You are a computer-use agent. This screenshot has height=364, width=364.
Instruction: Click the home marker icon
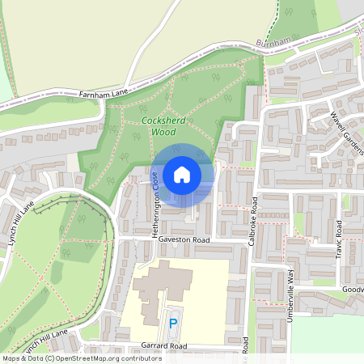tap(182, 175)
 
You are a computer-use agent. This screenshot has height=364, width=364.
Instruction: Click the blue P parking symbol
tap(172, 324)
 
